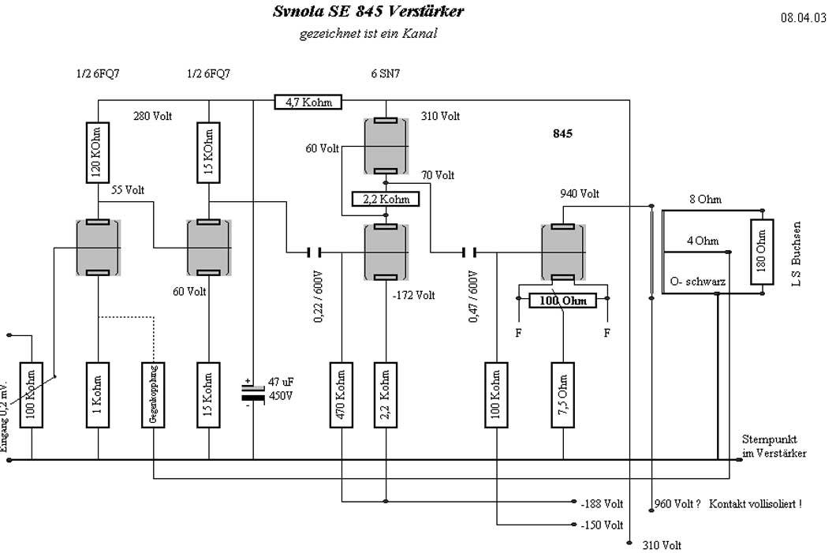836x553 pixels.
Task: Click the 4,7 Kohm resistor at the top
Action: pos(308,101)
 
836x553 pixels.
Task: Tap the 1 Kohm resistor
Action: pos(98,394)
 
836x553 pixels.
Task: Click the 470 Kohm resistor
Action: pos(341,394)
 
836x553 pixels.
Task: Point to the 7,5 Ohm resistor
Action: pos(562,394)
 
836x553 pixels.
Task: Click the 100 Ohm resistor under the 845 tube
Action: pos(562,300)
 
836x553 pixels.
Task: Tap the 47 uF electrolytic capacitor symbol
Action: pos(253,390)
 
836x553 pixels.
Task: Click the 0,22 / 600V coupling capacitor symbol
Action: pos(314,252)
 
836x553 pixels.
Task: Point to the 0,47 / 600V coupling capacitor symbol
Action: pos(470,252)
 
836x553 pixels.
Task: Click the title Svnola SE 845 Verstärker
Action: pos(368,12)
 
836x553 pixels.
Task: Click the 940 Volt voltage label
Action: pos(580,193)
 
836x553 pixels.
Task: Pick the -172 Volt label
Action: pos(413,296)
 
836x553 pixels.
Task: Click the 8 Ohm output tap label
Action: pos(704,200)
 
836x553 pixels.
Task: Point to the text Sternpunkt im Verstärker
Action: pos(774,446)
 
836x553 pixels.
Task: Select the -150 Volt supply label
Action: pos(601,525)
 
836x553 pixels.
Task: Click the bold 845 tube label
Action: pos(562,134)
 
